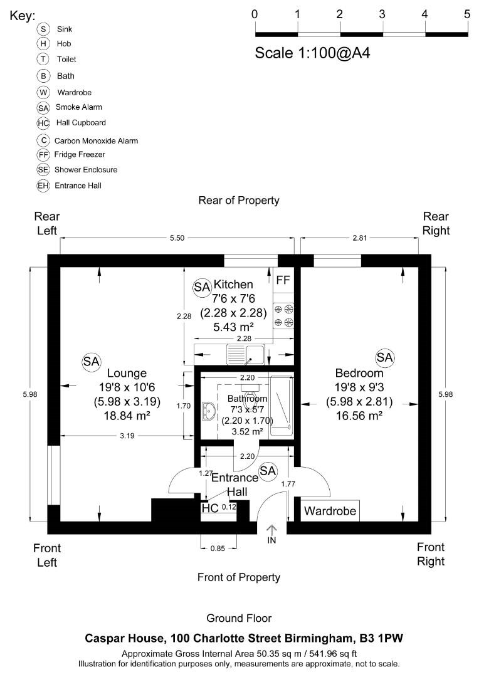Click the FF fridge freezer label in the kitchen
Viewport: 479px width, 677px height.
[283, 280]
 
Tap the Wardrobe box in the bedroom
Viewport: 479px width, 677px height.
[330, 511]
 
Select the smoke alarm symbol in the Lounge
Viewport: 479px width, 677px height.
[91, 361]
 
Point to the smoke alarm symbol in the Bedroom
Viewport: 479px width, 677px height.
[384, 357]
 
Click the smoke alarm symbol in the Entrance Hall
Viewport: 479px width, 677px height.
[268, 470]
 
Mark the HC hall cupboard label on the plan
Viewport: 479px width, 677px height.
[209, 508]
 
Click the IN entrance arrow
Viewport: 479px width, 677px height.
[271, 533]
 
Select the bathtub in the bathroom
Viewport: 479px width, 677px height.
[280, 406]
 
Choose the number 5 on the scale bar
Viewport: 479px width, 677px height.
[467, 14]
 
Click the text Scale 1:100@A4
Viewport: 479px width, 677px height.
[312, 53]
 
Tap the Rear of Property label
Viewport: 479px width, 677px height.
[238, 201]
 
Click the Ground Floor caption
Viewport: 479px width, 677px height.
[239, 618]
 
